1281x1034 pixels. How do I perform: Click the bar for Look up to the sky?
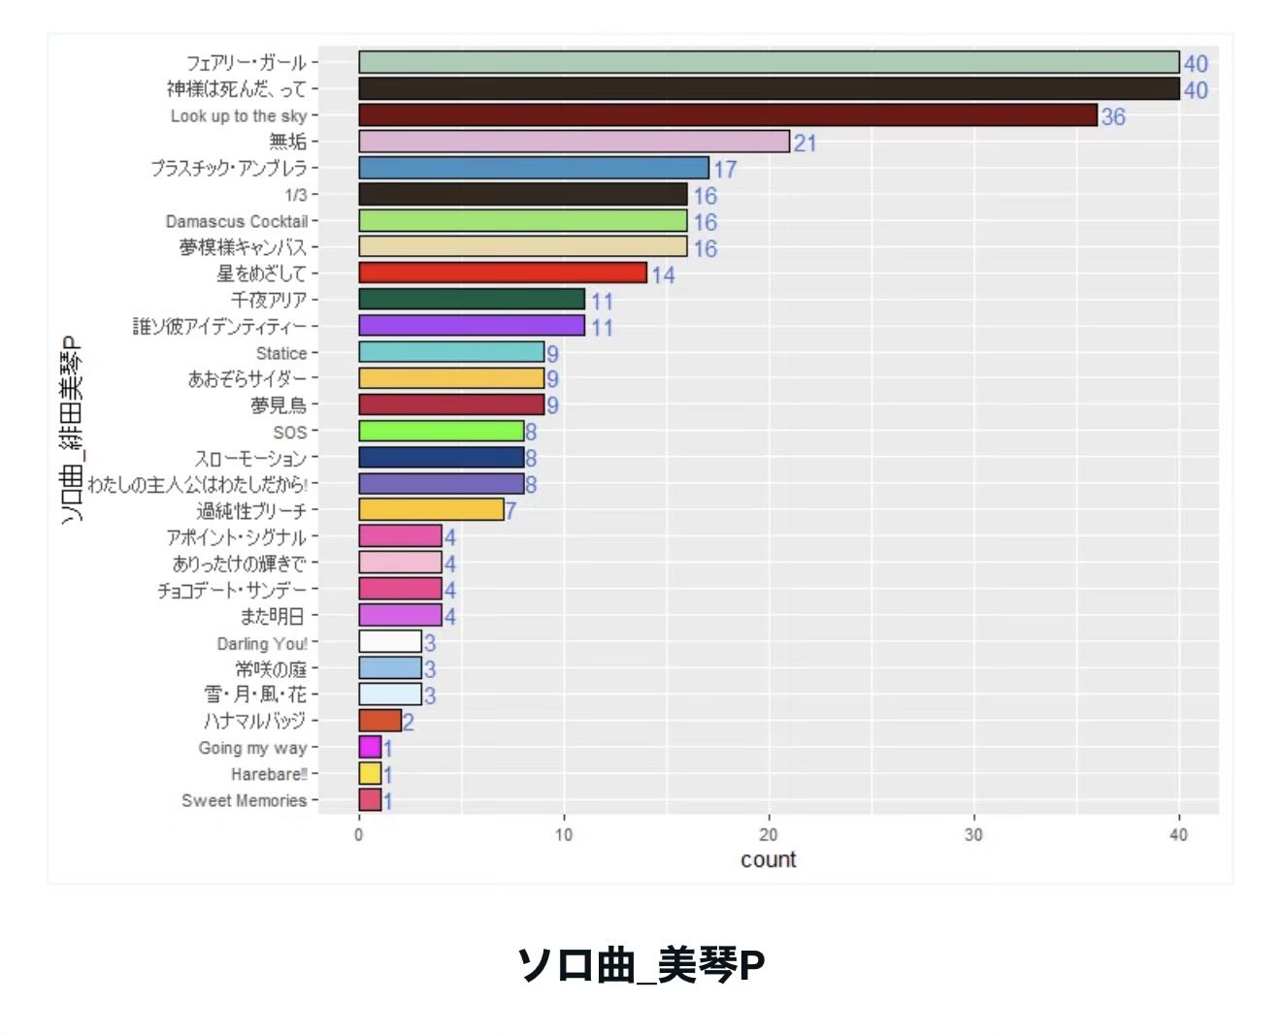[728, 115]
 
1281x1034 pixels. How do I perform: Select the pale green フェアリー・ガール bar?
[769, 62]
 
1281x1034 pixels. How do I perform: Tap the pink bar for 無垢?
[574, 142]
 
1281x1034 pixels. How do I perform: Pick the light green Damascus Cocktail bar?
[522, 221]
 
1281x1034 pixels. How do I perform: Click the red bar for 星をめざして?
[502, 273]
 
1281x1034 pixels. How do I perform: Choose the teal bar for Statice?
[451, 352]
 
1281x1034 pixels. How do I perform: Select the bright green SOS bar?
[441, 432]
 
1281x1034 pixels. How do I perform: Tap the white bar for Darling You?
[390, 642]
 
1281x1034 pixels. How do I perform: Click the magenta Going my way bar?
[370, 747]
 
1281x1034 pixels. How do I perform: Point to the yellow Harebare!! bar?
[370, 773]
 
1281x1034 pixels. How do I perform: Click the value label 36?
[1113, 117]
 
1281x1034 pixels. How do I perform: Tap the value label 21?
[805, 144]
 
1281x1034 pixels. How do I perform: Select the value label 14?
[663, 275]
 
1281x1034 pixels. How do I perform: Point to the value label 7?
[510, 511]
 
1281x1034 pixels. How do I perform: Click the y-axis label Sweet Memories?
[244, 800]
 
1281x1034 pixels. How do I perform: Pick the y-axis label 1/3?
[296, 195]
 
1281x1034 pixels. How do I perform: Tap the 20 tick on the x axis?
[769, 835]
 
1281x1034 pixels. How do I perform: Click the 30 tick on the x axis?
[973, 835]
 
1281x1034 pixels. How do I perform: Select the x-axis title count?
[768, 859]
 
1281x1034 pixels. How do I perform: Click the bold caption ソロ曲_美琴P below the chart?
[640, 965]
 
